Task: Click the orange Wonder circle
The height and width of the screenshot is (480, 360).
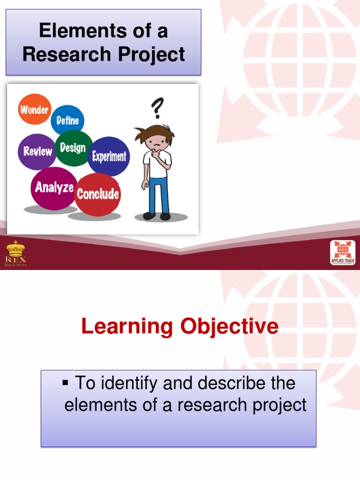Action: point(34,110)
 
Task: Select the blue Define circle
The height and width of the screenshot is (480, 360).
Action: point(67,120)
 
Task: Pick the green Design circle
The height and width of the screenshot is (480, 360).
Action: point(73,148)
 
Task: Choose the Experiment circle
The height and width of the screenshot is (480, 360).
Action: point(109,156)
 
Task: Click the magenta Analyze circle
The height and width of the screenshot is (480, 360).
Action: point(54,187)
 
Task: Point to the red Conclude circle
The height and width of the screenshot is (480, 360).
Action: point(97,194)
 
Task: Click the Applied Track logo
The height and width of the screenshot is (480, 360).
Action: point(342,253)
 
